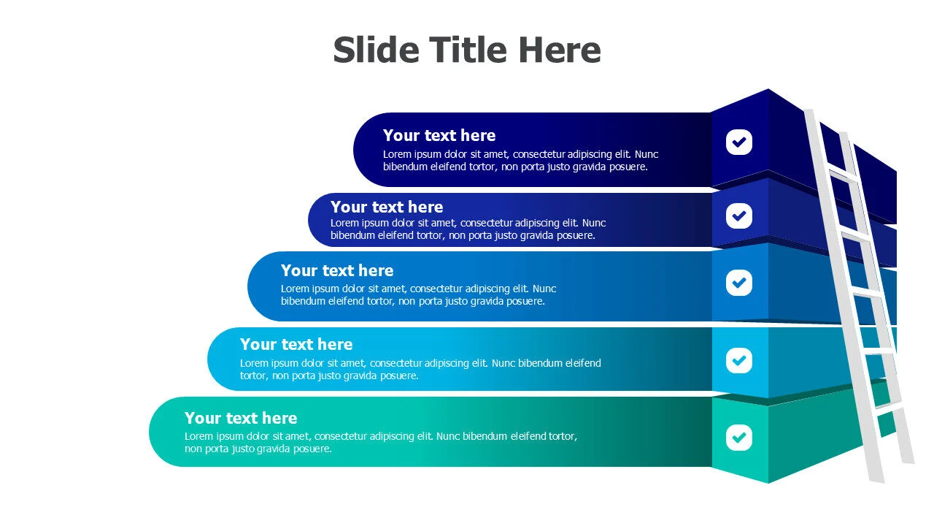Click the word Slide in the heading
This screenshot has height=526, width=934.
(x=376, y=50)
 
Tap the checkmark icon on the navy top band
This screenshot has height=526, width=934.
(x=739, y=142)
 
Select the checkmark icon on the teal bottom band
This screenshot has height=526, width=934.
(x=739, y=438)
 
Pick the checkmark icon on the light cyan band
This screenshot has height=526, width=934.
(x=739, y=360)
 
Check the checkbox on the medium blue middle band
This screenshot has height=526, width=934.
(x=739, y=283)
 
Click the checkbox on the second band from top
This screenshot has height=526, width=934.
(x=739, y=216)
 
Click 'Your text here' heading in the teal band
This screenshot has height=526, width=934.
(x=241, y=418)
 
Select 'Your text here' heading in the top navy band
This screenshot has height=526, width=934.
(x=439, y=135)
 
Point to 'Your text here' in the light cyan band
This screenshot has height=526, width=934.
(x=296, y=344)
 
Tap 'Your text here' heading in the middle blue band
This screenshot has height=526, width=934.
(x=337, y=270)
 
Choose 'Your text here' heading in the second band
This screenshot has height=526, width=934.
(x=387, y=207)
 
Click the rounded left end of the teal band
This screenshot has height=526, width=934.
(x=158, y=432)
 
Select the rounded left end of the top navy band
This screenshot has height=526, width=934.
(x=362, y=150)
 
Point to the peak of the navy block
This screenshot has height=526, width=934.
(x=768, y=89)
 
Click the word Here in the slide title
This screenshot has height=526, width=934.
(x=560, y=50)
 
